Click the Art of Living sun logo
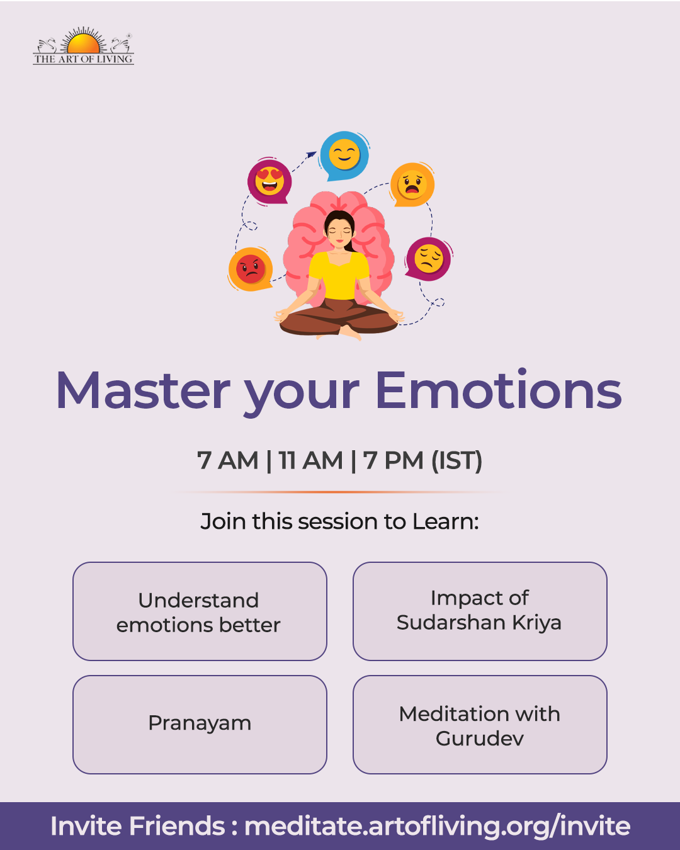[83, 45]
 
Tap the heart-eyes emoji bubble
[269, 182]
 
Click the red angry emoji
[251, 269]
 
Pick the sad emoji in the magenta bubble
[428, 259]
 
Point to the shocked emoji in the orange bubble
[412, 184]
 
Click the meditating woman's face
[339, 232]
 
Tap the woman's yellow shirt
[339, 275]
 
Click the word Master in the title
[143, 390]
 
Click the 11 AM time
[310, 460]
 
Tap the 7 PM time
[393, 460]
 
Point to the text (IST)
[456, 460]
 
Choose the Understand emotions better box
[200, 611]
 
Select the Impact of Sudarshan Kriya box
[480, 611]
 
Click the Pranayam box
[200, 725]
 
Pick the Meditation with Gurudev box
[480, 725]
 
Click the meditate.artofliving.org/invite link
[438, 827]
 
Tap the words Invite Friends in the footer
[137, 826]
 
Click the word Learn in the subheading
[446, 521]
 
